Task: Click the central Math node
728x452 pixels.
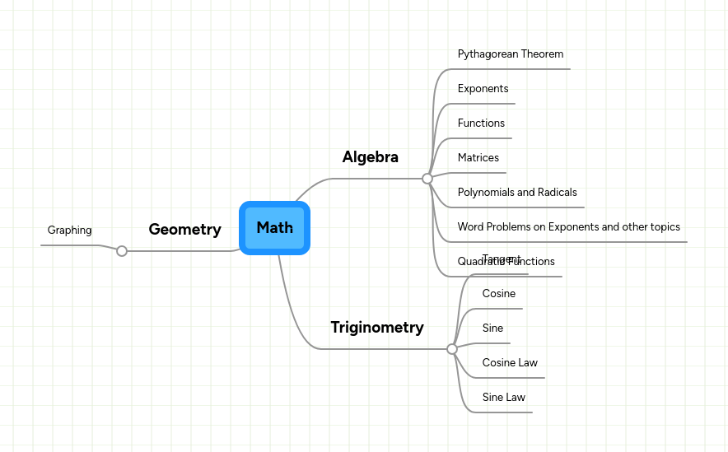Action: click(274, 228)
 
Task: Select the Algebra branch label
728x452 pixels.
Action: click(370, 157)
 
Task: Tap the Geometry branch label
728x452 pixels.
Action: click(184, 230)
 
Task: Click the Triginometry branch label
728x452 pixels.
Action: click(377, 328)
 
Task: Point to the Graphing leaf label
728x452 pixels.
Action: click(69, 231)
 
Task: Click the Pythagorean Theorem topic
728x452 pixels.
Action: click(510, 54)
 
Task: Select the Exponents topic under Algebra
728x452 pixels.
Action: click(483, 89)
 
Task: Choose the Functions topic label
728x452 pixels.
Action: click(481, 123)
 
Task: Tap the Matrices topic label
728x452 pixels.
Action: click(478, 158)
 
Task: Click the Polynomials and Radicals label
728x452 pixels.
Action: click(516, 193)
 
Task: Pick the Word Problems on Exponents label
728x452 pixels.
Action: click(568, 227)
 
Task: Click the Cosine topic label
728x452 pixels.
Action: click(498, 294)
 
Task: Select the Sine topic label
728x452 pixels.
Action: click(492, 329)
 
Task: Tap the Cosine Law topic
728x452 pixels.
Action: click(510, 363)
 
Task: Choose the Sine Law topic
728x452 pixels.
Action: click(503, 398)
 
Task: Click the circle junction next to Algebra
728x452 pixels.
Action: click(427, 179)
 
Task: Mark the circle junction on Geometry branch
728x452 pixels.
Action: click(122, 251)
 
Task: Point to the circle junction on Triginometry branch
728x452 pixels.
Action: click(451, 349)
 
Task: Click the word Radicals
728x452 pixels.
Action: click(556, 193)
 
